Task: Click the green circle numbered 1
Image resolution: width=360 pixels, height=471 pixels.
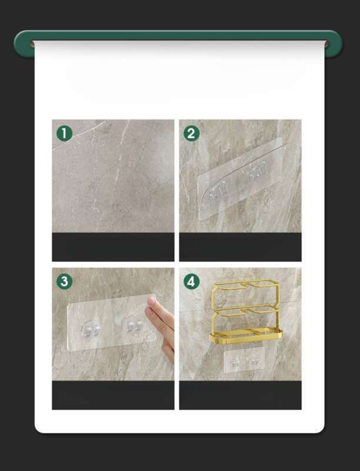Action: coord(65,134)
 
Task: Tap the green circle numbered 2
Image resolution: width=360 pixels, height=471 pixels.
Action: coord(191,134)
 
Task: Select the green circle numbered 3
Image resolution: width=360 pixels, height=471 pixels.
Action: coord(65,281)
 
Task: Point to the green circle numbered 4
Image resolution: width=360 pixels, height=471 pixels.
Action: coord(191,281)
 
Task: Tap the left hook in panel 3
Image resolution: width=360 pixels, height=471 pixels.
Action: coord(91,329)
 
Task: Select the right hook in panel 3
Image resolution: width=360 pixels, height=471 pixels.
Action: coord(132,324)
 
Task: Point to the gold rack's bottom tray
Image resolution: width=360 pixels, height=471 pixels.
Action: coord(246,336)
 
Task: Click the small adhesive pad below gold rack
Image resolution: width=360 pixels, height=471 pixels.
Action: coord(244,360)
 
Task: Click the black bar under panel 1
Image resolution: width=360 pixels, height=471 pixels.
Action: coord(113,247)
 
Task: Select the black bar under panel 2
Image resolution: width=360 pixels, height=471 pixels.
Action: coord(241,247)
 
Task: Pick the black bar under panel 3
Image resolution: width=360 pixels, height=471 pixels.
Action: coord(113,395)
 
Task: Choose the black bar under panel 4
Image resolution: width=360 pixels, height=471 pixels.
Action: coord(241,395)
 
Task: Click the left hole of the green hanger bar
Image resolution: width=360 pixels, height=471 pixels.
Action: coord(32,44)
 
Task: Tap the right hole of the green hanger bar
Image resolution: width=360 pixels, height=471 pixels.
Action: coord(327,44)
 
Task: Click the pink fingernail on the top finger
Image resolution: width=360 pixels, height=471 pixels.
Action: coord(152,301)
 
